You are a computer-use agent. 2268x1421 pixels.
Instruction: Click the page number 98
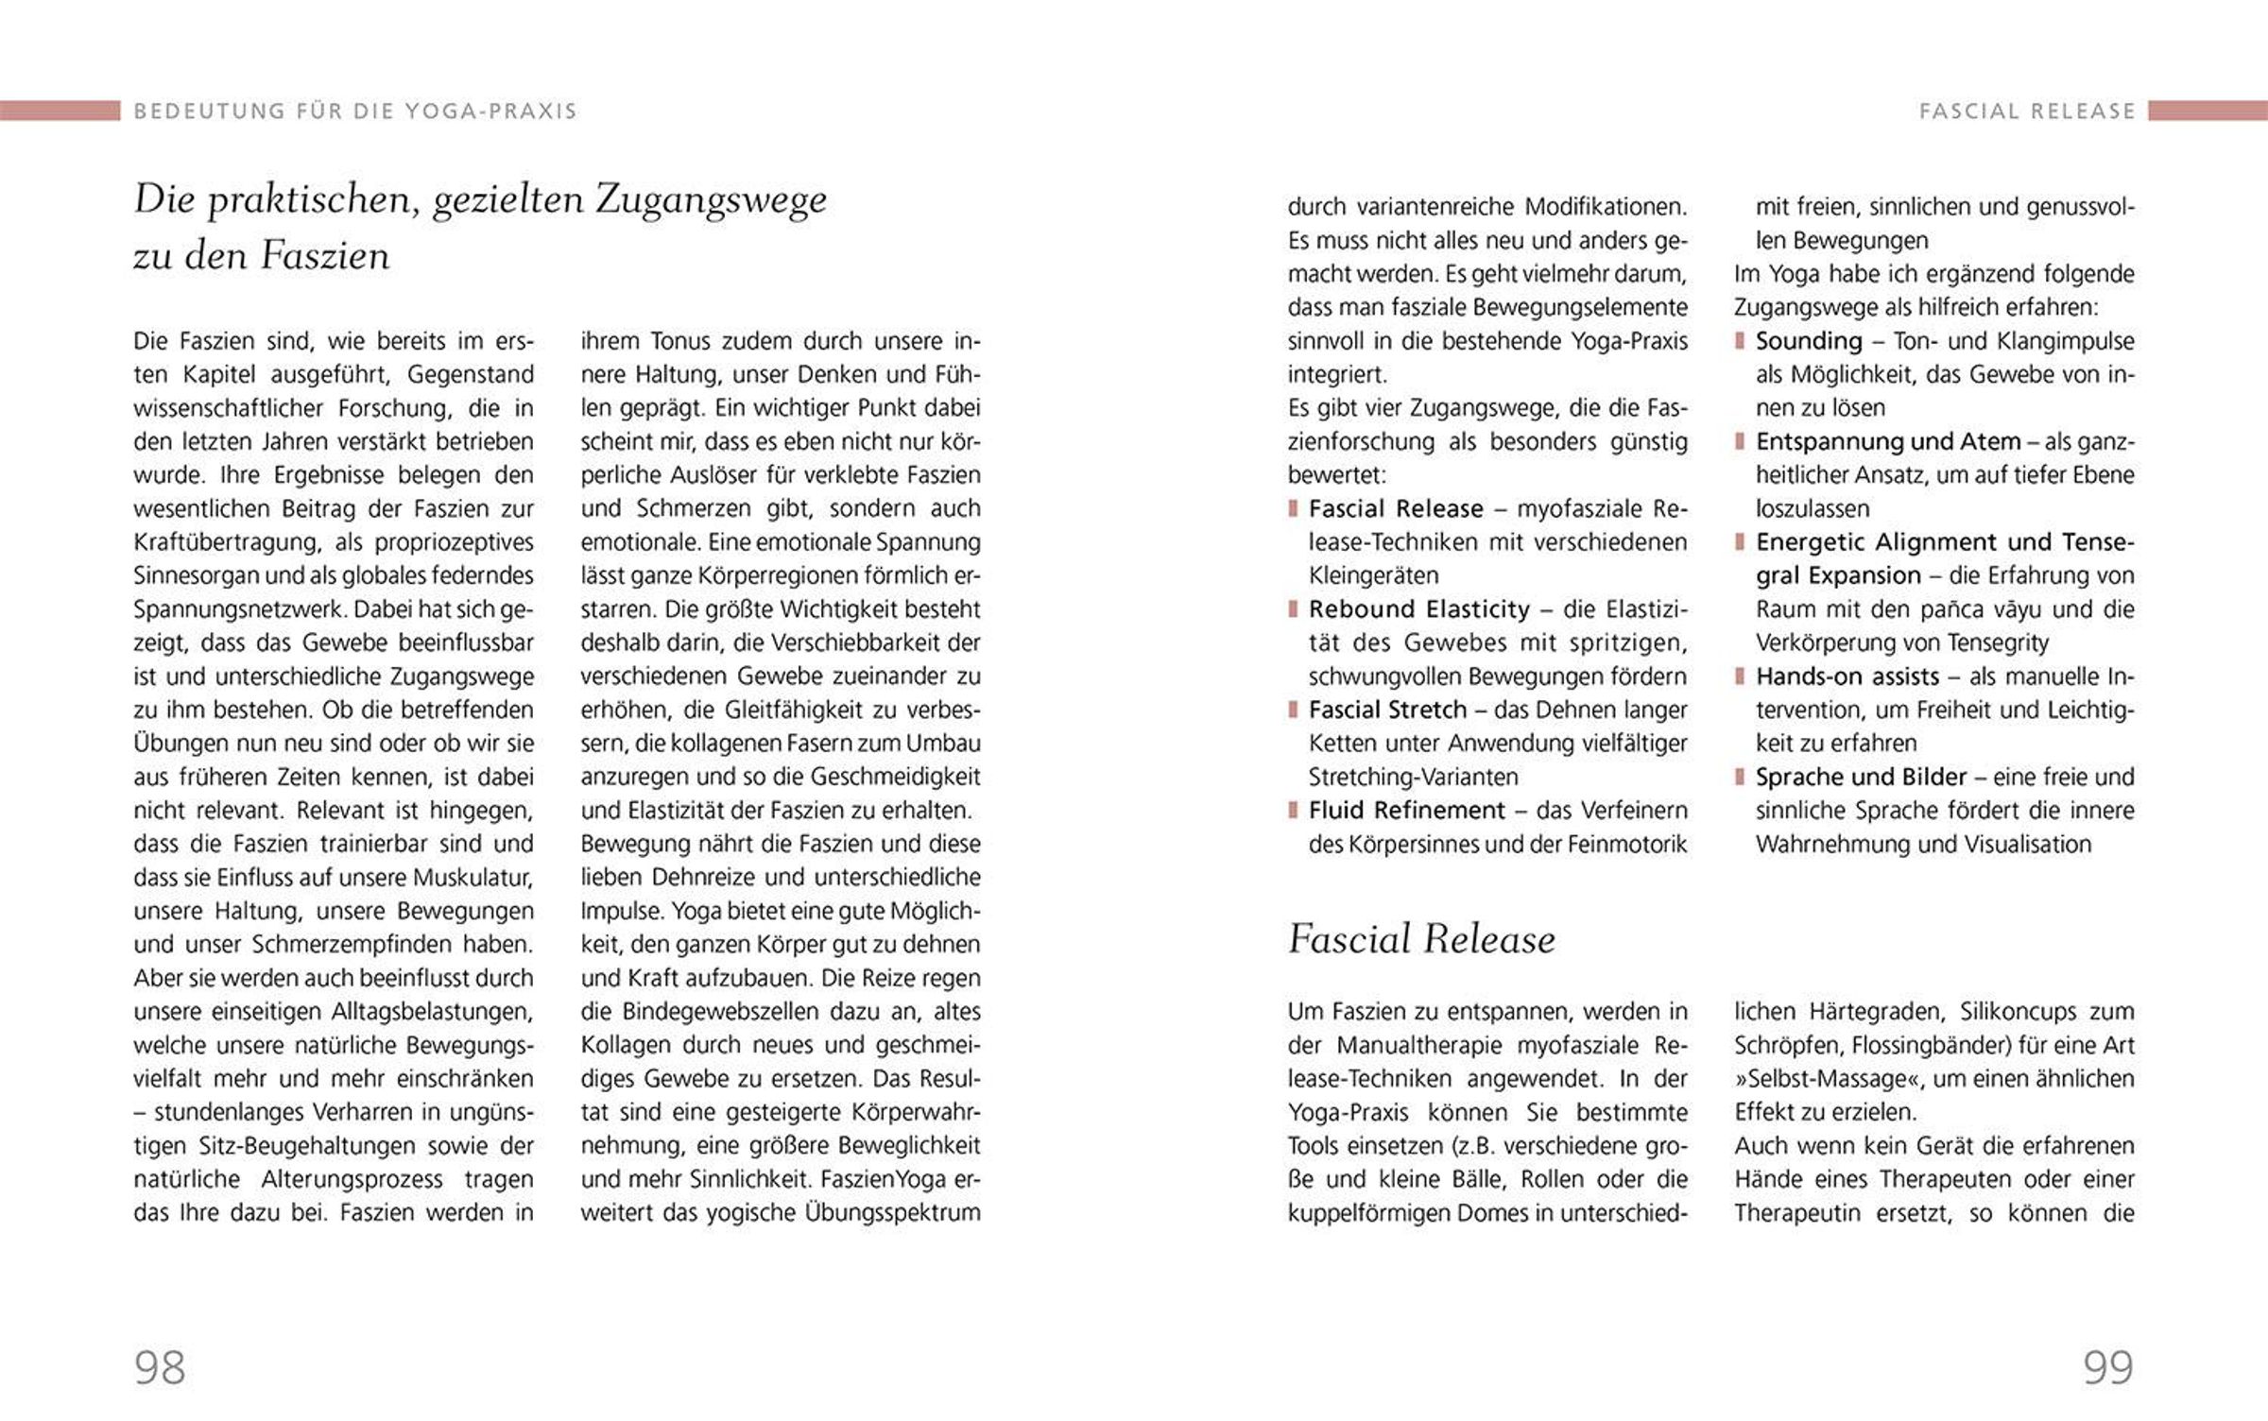[x=160, y=1367]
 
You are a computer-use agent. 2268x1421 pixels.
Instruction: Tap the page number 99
[x=2108, y=1367]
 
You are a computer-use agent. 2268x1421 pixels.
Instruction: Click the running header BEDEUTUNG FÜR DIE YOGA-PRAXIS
[x=355, y=111]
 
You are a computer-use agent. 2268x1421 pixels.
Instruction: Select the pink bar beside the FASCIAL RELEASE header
[x=2208, y=111]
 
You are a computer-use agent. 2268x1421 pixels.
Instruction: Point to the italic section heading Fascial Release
[x=1421, y=939]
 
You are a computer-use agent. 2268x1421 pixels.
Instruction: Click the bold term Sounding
[x=1809, y=341]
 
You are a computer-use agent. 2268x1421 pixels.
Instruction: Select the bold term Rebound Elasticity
[x=1419, y=609]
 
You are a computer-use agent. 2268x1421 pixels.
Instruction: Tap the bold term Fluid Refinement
[x=1406, y=811]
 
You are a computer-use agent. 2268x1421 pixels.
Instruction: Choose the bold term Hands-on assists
[x=1847, y=676]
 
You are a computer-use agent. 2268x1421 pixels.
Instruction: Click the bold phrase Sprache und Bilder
[x=1861, y=777]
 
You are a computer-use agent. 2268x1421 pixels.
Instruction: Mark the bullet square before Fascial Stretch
[x=1293, y=710]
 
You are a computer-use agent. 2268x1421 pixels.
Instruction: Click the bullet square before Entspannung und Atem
[x=1740, y=441]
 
